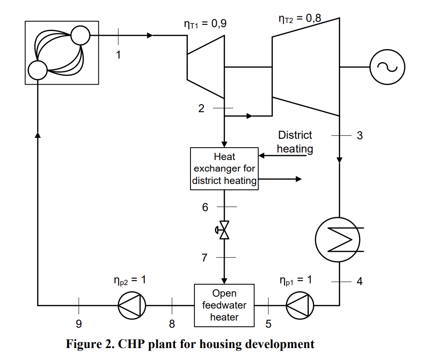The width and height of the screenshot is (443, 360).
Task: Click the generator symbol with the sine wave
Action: tap(387, 67)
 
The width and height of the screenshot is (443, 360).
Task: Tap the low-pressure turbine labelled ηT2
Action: tap(306, 67)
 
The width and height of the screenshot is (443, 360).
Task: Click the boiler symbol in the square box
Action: tap(62, 52)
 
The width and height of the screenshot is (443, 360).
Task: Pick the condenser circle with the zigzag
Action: tap(339, 240)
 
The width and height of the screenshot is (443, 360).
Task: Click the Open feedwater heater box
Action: tap(224, 305)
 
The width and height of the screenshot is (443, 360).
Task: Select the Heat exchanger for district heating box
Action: tap(224, 169)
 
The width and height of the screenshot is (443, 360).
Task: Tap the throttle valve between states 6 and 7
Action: tap(225, 230)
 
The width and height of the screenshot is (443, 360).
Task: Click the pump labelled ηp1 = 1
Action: tap(300, 305)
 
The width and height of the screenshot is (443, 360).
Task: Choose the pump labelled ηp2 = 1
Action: tap(132, 305)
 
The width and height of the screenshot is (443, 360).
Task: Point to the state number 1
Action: tap(118, 55)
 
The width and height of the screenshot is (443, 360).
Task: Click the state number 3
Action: tap(360, 136)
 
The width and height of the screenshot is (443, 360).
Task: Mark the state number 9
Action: tap(78, 324)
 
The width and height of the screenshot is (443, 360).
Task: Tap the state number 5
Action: tap(268, 324)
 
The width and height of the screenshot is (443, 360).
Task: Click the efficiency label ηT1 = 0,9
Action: tap(205, 23)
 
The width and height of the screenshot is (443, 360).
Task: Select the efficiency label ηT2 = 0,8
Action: tap(300, 19)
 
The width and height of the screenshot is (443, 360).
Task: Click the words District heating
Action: tap(295, 142)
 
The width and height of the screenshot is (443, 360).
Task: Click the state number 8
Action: tap(172, 324)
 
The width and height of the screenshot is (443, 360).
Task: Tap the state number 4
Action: tap(360, 281)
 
